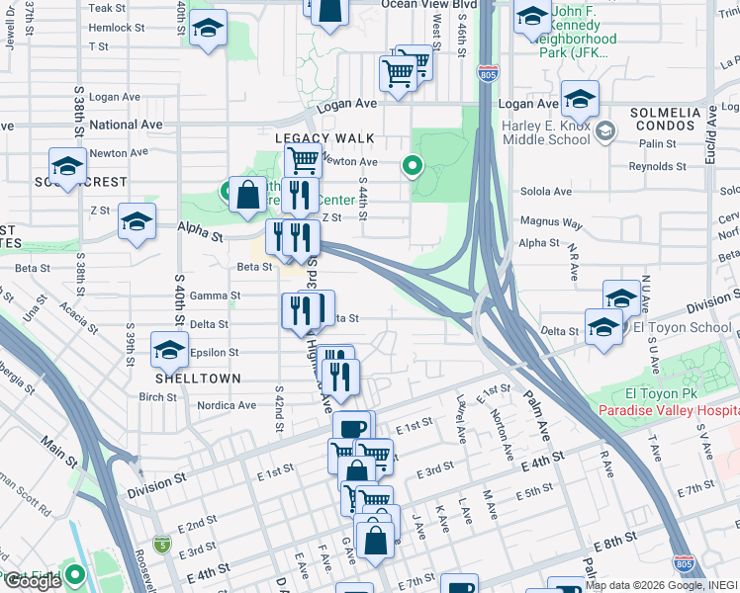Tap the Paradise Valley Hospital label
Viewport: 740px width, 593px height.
[669, 411]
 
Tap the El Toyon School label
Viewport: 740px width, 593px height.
[683, 327]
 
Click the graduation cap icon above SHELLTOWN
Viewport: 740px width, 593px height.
[169, 349]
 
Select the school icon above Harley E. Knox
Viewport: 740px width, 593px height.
[580, 98]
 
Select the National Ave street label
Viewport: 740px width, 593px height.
[126, 126]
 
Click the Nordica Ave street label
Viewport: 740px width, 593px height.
[227, 405]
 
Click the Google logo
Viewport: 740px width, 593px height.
[32, 581]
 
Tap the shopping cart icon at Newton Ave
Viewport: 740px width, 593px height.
[303, 158]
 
